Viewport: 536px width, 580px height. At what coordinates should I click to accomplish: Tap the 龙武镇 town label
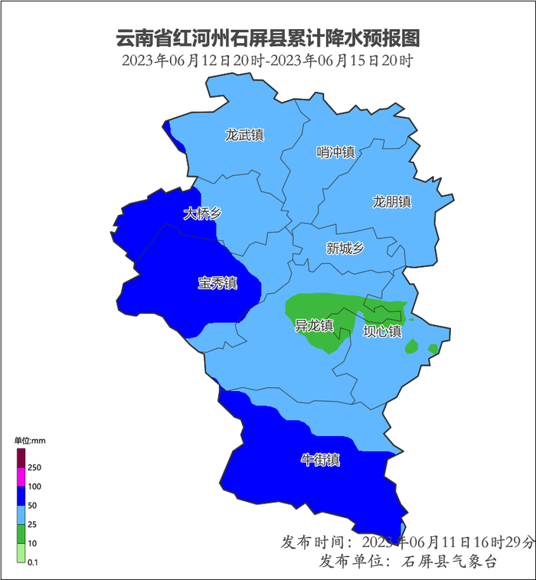244,135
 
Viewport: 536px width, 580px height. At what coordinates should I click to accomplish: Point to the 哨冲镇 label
336,152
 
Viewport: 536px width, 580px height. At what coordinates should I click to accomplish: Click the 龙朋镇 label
392,202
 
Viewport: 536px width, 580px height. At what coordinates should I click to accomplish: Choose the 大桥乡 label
202,213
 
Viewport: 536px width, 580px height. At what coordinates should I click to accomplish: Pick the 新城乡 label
345,248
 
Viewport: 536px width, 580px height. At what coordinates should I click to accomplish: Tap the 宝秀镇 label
217,283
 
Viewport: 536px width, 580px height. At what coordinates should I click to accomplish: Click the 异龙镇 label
314,326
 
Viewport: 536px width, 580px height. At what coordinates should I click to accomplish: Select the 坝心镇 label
382,331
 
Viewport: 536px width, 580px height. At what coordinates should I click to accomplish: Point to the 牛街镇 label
320,460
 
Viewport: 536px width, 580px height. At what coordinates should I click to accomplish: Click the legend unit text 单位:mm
31,441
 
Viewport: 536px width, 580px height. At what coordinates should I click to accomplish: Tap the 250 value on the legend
34,468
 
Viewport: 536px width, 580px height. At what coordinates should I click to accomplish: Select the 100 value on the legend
34,487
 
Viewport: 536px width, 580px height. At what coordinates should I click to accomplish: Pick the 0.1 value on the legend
34,562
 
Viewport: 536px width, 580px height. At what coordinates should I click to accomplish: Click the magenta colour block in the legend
21,477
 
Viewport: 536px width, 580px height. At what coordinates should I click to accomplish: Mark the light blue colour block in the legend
21,515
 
